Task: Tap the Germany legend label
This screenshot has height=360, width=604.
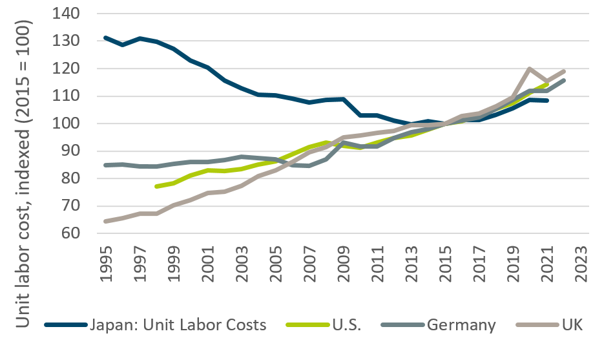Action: coord(461,324)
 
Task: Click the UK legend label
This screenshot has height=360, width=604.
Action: coord(572,324)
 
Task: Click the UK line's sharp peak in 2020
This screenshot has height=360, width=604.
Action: coord(530,69)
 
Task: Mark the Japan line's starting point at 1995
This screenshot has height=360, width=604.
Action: coord(105,38)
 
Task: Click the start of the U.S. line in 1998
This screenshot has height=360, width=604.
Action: coord(156,186)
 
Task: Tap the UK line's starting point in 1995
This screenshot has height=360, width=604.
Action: coord(105,221)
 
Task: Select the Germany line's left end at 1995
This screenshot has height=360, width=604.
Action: coord(105,165)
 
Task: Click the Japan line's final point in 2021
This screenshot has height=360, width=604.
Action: coord(547,100)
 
